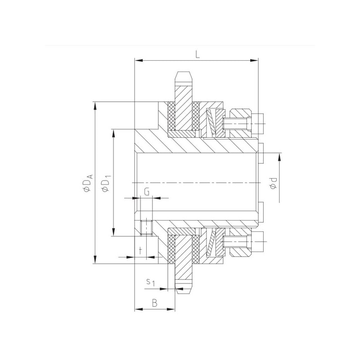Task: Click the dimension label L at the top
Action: click(198, 54)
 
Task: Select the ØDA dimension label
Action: click(88, 183)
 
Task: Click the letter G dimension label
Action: click(147, 192)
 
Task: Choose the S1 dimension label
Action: click(151, 282)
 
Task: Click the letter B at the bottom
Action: click(155, 303)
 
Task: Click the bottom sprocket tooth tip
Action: click(183, 290)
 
